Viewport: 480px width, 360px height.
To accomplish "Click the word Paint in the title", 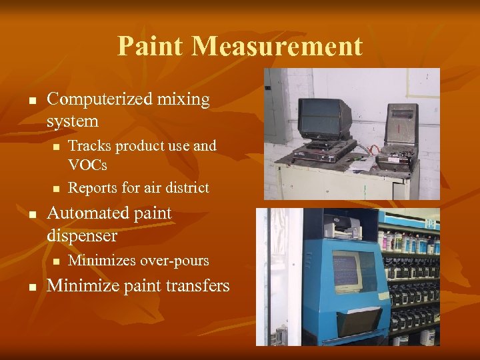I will (150, 46).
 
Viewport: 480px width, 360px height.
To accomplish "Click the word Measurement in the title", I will (277, 46).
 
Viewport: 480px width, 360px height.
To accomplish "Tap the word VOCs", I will (87, 164).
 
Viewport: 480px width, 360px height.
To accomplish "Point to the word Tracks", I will (87, 145).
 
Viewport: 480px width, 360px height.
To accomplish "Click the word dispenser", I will (82, 235).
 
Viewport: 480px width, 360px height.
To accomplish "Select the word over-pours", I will (175, 260).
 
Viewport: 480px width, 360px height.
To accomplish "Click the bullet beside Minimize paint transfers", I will (32, 287).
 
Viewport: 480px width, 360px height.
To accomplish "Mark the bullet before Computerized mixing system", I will (32, 100).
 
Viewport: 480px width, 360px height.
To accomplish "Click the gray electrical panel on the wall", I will (277, 107).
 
